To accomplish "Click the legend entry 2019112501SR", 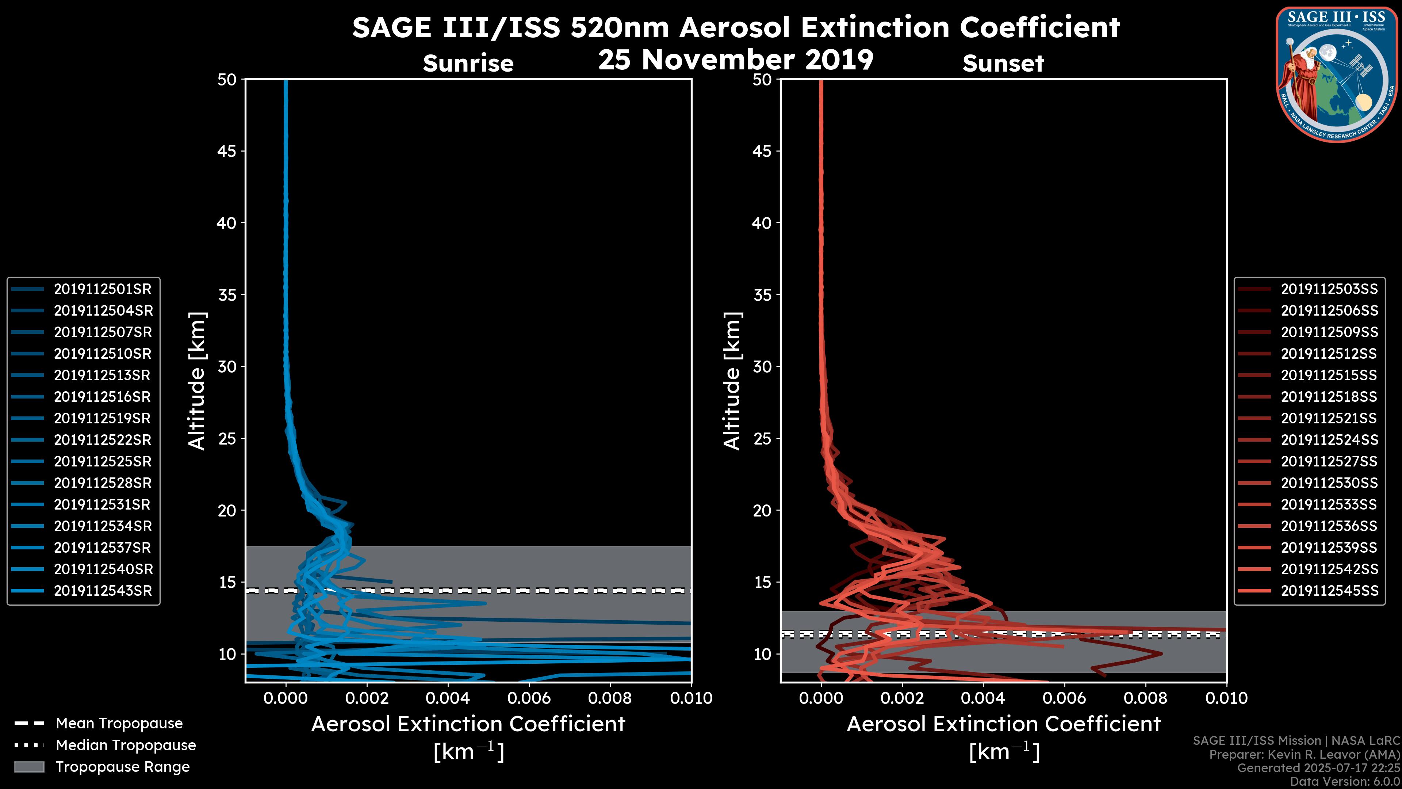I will point(102,289).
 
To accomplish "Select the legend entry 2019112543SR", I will point(102,591).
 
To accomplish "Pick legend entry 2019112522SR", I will point(102,440).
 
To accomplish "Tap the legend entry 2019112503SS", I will point(1329,289).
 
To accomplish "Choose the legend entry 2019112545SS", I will point(1329,591).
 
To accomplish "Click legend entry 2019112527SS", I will point(1329,462).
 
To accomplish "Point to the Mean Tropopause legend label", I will point(119,724).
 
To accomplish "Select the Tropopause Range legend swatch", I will point(29,767).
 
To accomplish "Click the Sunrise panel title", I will point(468,64).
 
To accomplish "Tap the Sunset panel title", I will point(1003,64).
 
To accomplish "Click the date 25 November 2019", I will point(736,59).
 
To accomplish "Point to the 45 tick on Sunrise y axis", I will point(227,151).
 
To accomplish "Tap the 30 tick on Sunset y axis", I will point(762,366).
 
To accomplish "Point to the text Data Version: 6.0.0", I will point(1344,781).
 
